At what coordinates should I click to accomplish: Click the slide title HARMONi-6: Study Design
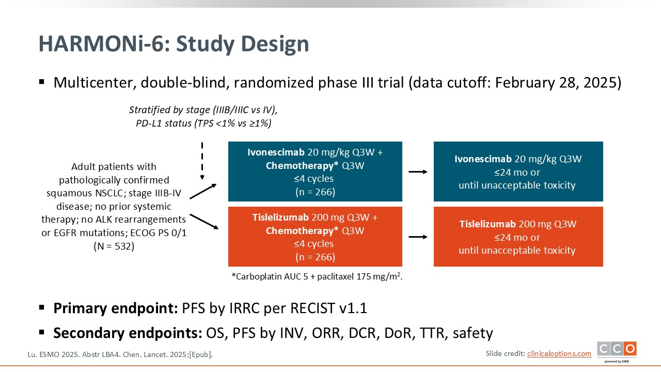tap(174, 44)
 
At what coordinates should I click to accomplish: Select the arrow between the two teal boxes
tap(418, 172)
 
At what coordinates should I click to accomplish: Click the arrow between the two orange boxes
tap(418, 237)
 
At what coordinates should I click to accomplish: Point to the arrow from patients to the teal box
tap(203, 191)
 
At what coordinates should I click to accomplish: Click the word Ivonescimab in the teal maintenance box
tap(483, 159)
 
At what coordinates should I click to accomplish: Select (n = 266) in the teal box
tap(315, 192)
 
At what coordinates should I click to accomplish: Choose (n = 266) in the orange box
tap(315, 257)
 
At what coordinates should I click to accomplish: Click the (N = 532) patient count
tap(114, 246)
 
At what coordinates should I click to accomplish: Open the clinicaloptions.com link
tap(559, 353)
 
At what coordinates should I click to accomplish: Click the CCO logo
tap(617, 349)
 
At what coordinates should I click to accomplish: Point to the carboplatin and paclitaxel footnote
tap(317, 276)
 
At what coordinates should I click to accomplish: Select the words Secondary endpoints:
tap(127, 333)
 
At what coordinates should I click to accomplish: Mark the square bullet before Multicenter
tap(42, 82)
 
